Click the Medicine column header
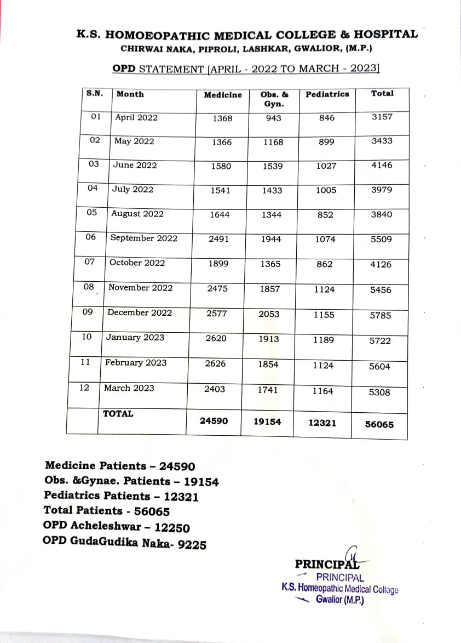coord(222,95)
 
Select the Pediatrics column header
coord(327,94)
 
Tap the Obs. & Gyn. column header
coord(274,99)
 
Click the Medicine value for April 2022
coord(222,118)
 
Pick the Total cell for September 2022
coord(381,240)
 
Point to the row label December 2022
coord(140,312)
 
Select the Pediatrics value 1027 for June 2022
coord(326,166)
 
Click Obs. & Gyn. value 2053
coord(269,314)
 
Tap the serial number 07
coord(90,262)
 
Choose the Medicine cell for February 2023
coord(216,363)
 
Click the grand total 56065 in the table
coord(379,424)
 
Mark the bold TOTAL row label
coord(118,414)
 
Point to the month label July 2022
coord(132,190)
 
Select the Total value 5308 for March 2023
coord(379,392)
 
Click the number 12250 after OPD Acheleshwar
coord(172,528)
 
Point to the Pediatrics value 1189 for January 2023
coord(323,340)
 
